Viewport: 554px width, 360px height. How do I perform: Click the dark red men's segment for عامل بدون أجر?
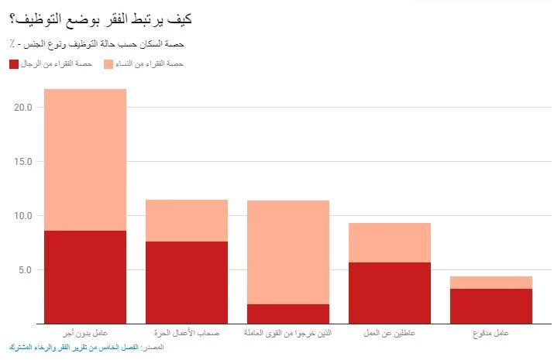coord(85,276)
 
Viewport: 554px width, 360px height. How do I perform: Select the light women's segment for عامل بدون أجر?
coord(85,159)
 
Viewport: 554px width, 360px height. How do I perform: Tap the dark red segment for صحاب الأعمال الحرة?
coord(187,282)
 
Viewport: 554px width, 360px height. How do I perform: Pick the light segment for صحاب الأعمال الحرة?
coord(187,221)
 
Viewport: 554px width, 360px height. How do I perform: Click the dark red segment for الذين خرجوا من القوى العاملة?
coord(288,314)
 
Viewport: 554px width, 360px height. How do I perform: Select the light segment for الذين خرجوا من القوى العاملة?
coord(288,252)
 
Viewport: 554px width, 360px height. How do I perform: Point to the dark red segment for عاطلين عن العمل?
coord(390,293)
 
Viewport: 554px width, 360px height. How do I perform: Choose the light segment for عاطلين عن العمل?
coord(390,243)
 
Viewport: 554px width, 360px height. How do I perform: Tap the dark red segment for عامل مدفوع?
coord(491,306)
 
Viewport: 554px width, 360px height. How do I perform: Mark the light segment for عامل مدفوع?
coord(491,283)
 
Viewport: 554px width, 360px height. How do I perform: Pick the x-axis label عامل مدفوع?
coord(491,333)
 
